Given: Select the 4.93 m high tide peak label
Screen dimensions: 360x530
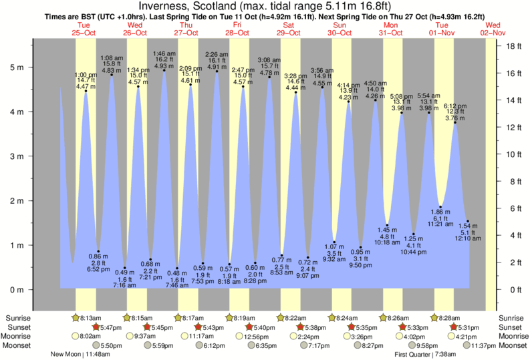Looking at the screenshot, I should (x=164, y=67).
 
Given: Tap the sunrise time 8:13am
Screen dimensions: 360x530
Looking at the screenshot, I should (x=90, y=319).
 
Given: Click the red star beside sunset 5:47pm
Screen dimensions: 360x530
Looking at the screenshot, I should (x=95, y=327).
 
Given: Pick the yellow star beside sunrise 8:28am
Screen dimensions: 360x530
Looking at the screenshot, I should (x=434, y=318).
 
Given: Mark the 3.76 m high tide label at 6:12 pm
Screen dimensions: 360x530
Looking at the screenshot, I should (x=455, y=112).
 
